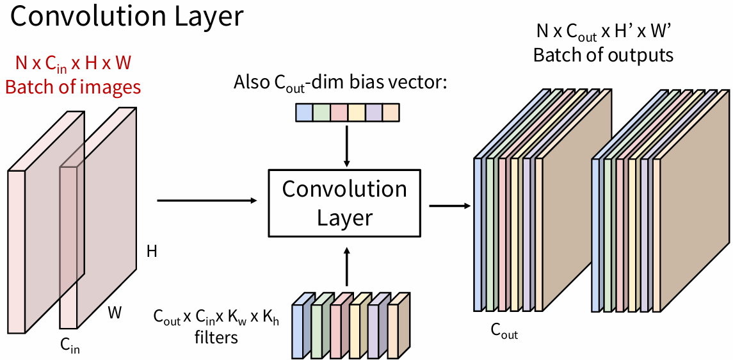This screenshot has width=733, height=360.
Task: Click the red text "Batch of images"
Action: point(73,86)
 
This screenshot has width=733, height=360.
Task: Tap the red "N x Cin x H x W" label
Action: point(73,64)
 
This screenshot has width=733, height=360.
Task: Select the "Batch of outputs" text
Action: point(603,55)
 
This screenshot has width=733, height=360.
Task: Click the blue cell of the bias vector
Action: point(303,113)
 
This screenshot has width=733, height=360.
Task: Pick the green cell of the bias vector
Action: point(321,113)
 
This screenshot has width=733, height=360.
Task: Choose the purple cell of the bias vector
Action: point(373,113)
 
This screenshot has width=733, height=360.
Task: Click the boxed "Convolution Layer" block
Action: point(344,203)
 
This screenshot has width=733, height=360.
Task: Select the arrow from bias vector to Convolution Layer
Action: point(346,145)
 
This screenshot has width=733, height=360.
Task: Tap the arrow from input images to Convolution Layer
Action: point(207,200)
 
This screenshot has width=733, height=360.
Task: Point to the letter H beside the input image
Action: point(152,251)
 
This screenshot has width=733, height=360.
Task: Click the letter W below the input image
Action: point(115,313)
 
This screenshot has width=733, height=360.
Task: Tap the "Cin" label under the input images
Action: point(70,346)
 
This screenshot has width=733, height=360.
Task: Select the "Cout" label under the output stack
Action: point(504,331)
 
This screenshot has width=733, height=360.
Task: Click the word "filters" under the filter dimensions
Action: point(216,336)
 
